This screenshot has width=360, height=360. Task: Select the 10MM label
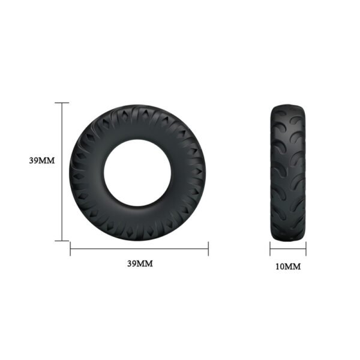coord(288,266)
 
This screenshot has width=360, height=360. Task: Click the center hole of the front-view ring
coord(139,171)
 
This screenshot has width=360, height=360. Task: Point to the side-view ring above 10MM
coord(288,172)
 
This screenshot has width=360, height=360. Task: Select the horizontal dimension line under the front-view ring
coord(139,247)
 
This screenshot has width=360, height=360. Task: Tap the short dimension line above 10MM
coord(288,248)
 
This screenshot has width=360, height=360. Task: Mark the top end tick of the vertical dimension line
coord(62,103)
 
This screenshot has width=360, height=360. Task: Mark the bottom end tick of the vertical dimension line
coord(62,241)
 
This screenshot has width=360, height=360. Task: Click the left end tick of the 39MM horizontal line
coord(71,247)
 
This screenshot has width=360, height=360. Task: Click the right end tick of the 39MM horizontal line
coord(208,247)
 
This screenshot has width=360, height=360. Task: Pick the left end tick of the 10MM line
coord(270,248)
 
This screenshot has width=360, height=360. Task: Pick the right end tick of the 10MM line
coord(306,248)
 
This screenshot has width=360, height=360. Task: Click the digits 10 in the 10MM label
coord(281,266)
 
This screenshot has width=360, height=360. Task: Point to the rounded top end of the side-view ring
coord(288,107)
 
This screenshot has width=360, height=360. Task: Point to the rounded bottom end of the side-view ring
coord(288,238)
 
